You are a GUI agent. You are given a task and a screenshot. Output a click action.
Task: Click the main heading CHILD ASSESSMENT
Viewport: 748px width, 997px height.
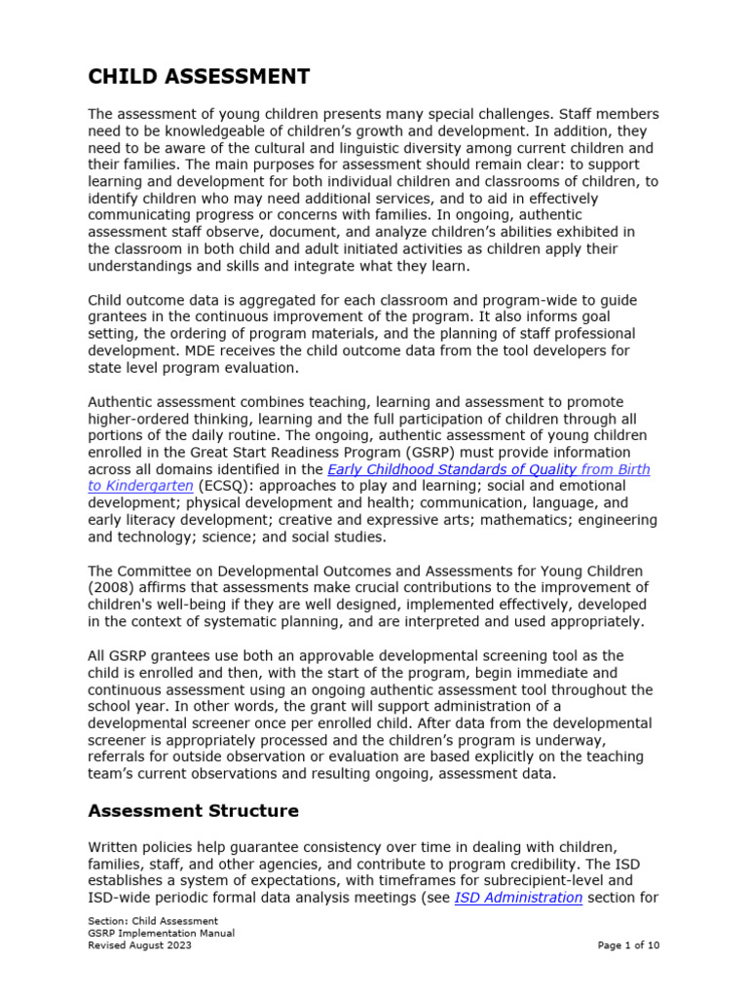[x=199, y=77]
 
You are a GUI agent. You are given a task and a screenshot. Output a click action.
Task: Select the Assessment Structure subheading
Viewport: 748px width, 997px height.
[x=193, y=810]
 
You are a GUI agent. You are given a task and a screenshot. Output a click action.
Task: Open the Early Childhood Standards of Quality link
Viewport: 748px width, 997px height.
[x=488, y=469]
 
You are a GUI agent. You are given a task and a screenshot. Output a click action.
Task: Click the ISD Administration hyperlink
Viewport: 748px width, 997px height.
[x=518, y=898]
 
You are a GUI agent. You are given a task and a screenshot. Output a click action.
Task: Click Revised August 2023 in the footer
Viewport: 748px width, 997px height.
[x=139, y=944]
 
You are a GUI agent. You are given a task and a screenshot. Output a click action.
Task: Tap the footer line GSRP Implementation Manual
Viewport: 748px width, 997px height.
[x=161, y=933]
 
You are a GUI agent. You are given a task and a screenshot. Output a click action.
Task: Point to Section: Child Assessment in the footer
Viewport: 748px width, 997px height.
[x=153, y=921]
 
